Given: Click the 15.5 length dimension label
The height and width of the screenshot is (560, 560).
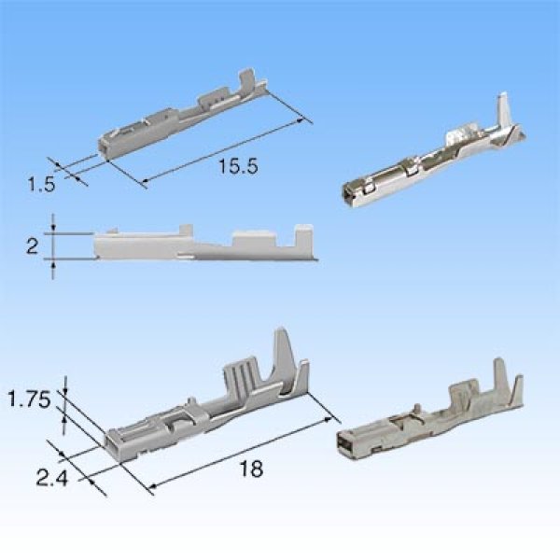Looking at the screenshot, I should pos(237,167).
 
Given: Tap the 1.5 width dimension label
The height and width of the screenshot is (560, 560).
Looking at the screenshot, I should pos(42,185).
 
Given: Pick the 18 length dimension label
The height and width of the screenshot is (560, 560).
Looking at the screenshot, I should pos(251,469).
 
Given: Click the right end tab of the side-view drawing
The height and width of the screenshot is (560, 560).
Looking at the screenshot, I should pos(301,239).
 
